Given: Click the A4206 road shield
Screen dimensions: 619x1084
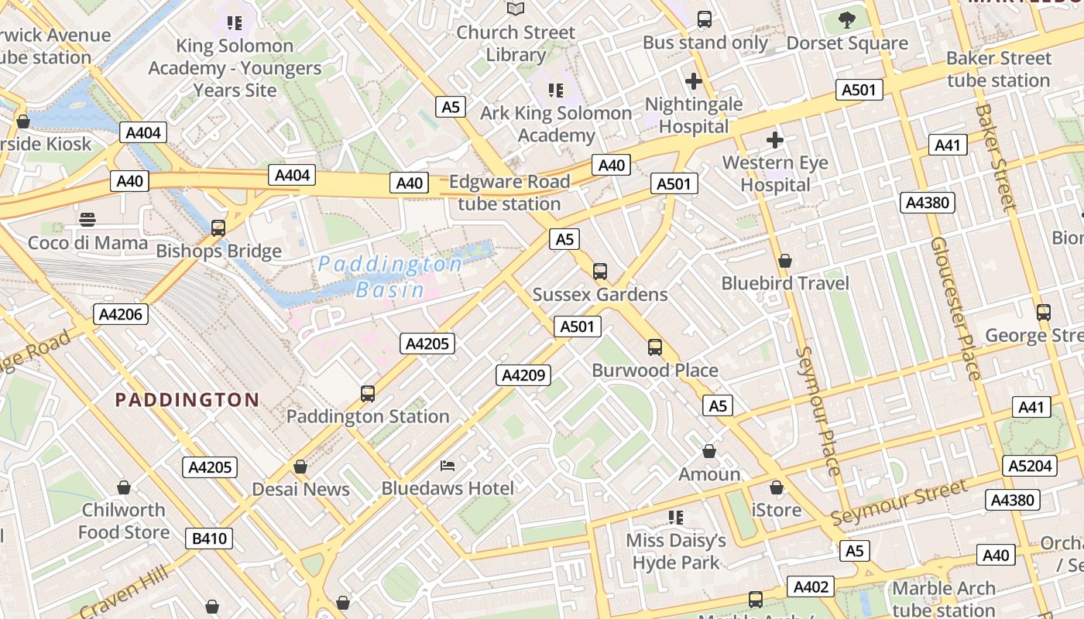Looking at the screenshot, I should tap(120, 314).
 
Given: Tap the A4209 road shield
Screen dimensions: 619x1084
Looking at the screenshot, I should tap(523, 376).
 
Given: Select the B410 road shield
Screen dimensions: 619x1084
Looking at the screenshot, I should tap(209, 539).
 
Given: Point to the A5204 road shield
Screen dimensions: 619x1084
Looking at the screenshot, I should tap(1030, 466).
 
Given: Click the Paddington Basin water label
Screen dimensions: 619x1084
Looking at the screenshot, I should tap(390, 277).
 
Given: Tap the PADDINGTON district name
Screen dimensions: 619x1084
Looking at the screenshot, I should tap(187, 400).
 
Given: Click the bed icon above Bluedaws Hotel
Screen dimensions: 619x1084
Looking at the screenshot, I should tap(448, 465).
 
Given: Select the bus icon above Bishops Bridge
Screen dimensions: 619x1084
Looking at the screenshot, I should tap(218, 228).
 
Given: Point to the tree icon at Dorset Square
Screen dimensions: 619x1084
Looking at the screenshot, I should tap(847, 19).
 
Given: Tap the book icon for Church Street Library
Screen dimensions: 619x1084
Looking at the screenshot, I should tap(516, 9).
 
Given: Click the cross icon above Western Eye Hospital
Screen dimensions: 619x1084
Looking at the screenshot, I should tap(774, 140).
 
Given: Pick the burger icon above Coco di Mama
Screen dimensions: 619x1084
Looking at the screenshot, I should tap(87, 220).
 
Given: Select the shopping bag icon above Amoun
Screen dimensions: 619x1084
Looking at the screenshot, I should tap(709, 451).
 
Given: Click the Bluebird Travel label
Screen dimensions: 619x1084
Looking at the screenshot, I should tap(785, 283).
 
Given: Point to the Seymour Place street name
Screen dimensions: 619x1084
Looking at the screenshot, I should tap(818, 411).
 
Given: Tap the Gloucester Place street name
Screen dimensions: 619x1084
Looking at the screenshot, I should tap(955, 309).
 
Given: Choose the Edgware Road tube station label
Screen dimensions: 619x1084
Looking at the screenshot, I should tap(509, 193).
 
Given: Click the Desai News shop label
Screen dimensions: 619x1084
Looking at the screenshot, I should tap(300, 489).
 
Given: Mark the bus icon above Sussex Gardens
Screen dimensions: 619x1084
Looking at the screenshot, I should tap(600, 272).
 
